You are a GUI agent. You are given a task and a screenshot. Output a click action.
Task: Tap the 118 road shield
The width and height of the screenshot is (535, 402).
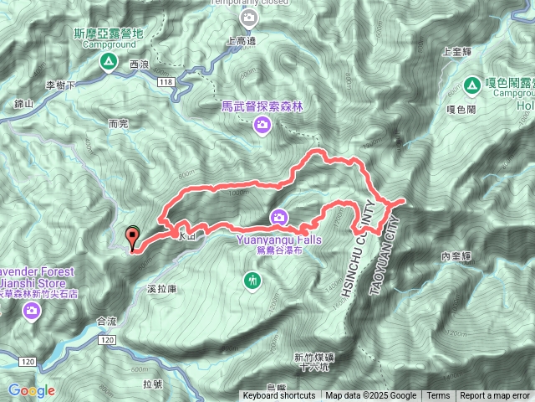tap(165, 81)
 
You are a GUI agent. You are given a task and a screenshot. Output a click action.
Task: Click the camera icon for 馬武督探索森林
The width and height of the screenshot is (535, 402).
tap(262, 125)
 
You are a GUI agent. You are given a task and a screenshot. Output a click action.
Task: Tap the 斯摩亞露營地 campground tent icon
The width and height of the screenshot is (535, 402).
tap(108, 62)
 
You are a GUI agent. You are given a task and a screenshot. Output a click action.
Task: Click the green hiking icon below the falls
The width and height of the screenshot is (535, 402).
tap(252, 279)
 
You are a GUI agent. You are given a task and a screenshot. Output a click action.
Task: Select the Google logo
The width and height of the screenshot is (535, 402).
tap(32, 390)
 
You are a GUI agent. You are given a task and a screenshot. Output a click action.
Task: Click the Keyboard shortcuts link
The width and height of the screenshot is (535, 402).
tap(279, 396)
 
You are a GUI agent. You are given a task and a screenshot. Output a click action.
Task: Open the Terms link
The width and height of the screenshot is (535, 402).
tap(438, 396)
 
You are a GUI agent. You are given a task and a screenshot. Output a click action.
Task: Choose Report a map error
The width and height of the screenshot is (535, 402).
tap(495, 396)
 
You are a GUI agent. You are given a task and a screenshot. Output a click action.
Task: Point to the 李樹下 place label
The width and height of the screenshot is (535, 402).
tap(61, 85)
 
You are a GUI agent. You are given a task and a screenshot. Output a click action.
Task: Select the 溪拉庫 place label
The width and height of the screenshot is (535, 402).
tap(160, 288)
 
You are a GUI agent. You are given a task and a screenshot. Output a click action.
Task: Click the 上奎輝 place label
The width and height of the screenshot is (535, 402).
tap(457, 51)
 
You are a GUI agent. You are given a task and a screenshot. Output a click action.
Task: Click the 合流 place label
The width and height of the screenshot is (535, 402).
tap(107, 320)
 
